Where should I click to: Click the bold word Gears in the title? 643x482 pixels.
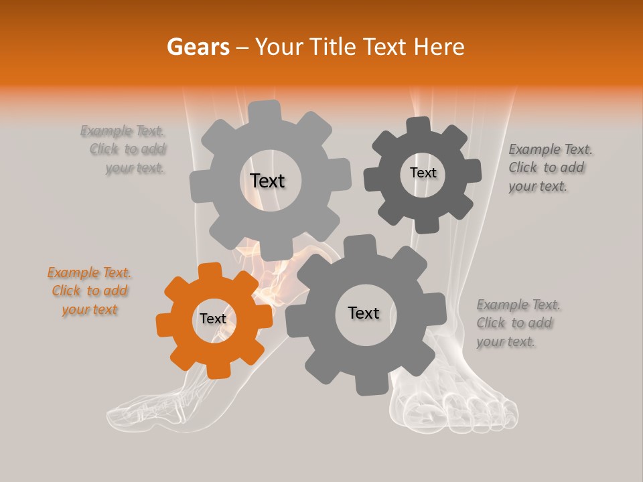tap(198, 47)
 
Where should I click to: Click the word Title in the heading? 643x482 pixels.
tap(333, 47)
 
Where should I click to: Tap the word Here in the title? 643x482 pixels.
tap(439, 47)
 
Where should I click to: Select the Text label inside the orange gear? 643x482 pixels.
tap(213, 319)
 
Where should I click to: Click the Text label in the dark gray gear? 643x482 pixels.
tap(423, 173)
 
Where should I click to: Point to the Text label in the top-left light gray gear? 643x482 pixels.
tap(267, 181)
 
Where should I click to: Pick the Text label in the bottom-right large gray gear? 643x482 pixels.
tap(364, 313)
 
